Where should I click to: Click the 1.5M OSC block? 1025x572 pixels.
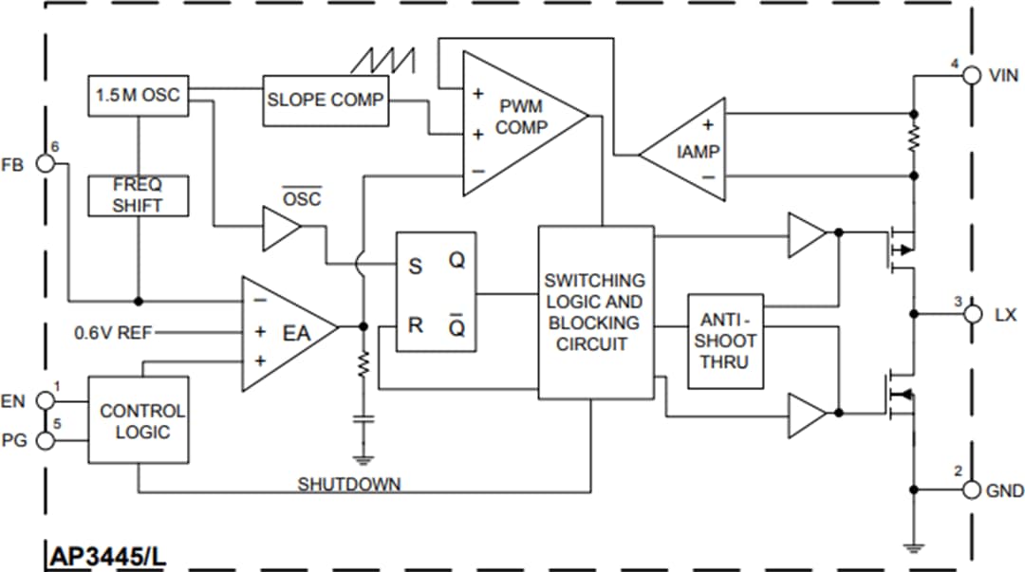coord(137,95)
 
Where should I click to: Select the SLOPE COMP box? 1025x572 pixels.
coord(325,100)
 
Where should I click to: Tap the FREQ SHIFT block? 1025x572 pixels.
coord(138,194)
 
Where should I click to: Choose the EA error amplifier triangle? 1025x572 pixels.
coord(285,333)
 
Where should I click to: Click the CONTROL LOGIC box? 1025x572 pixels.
coord(141,421)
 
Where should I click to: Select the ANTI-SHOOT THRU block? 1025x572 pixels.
coord(726,340)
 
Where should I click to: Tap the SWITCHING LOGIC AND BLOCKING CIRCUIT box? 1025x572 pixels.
coord(595,312)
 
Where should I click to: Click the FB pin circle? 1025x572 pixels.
coord(44,163)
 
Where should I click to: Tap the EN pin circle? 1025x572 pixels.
coord(44,400)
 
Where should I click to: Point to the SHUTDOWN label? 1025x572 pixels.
coord(349,484)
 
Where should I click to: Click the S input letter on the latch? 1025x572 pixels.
coord(415,267)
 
